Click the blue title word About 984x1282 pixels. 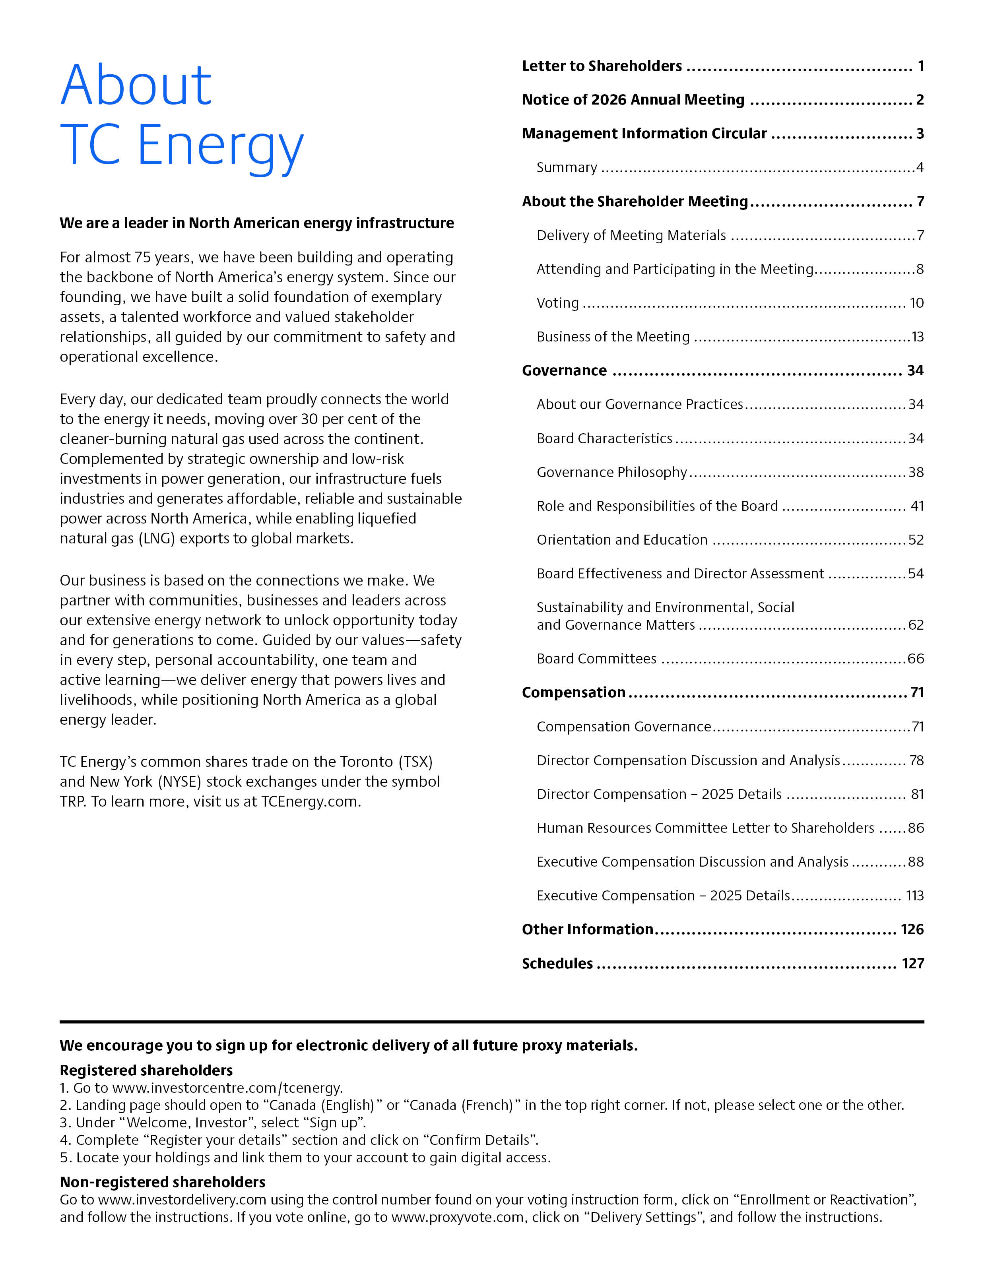tap(136, 86)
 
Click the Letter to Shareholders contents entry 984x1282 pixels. tap(602, 66)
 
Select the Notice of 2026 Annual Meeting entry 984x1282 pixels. tap(633, 100)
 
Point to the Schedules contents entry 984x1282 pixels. tap(557, 964)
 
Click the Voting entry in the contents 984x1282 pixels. tap(557, 303)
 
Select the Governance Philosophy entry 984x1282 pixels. tap(611, 473)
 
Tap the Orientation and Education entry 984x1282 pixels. tap(622, 540)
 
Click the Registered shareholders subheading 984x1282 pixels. tap(146, 1070)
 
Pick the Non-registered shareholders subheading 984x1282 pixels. tap(162, 1182)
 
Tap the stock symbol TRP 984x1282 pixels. tap(73, 802)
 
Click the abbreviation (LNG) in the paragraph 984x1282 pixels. tap(156, 539)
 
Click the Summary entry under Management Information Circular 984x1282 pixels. tap(567, 168)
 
